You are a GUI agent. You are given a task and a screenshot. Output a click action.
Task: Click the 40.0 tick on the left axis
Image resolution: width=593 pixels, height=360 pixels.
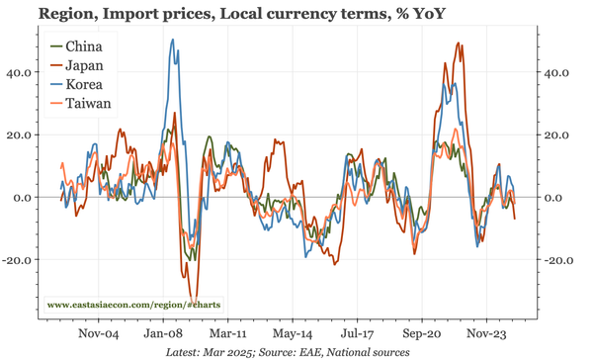pyautogui.click(x=21, y=72)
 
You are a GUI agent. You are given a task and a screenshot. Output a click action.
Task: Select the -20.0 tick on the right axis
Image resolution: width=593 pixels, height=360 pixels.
pyautogui.click(x=562, y=260)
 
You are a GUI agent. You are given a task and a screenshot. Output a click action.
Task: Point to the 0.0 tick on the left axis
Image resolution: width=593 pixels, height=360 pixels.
pyautogui.click(x=24, y=198)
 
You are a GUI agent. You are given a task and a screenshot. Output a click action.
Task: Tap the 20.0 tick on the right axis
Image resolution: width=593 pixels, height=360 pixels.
pyautogui.click(x=560, y=135)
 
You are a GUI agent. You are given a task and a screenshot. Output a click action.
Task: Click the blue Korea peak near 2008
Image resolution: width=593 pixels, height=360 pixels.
pyautogui.click(x=172, y=41)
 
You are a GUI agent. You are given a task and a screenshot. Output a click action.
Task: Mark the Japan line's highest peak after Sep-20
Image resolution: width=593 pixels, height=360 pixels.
pyautogui.click(x=458, y=44)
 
